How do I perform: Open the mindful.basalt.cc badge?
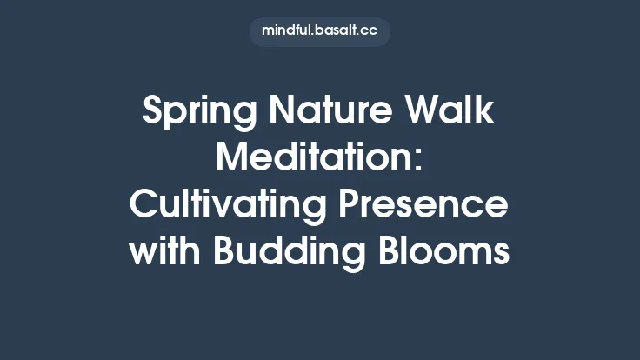[320, 31]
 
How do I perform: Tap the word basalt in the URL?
[334, 31]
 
